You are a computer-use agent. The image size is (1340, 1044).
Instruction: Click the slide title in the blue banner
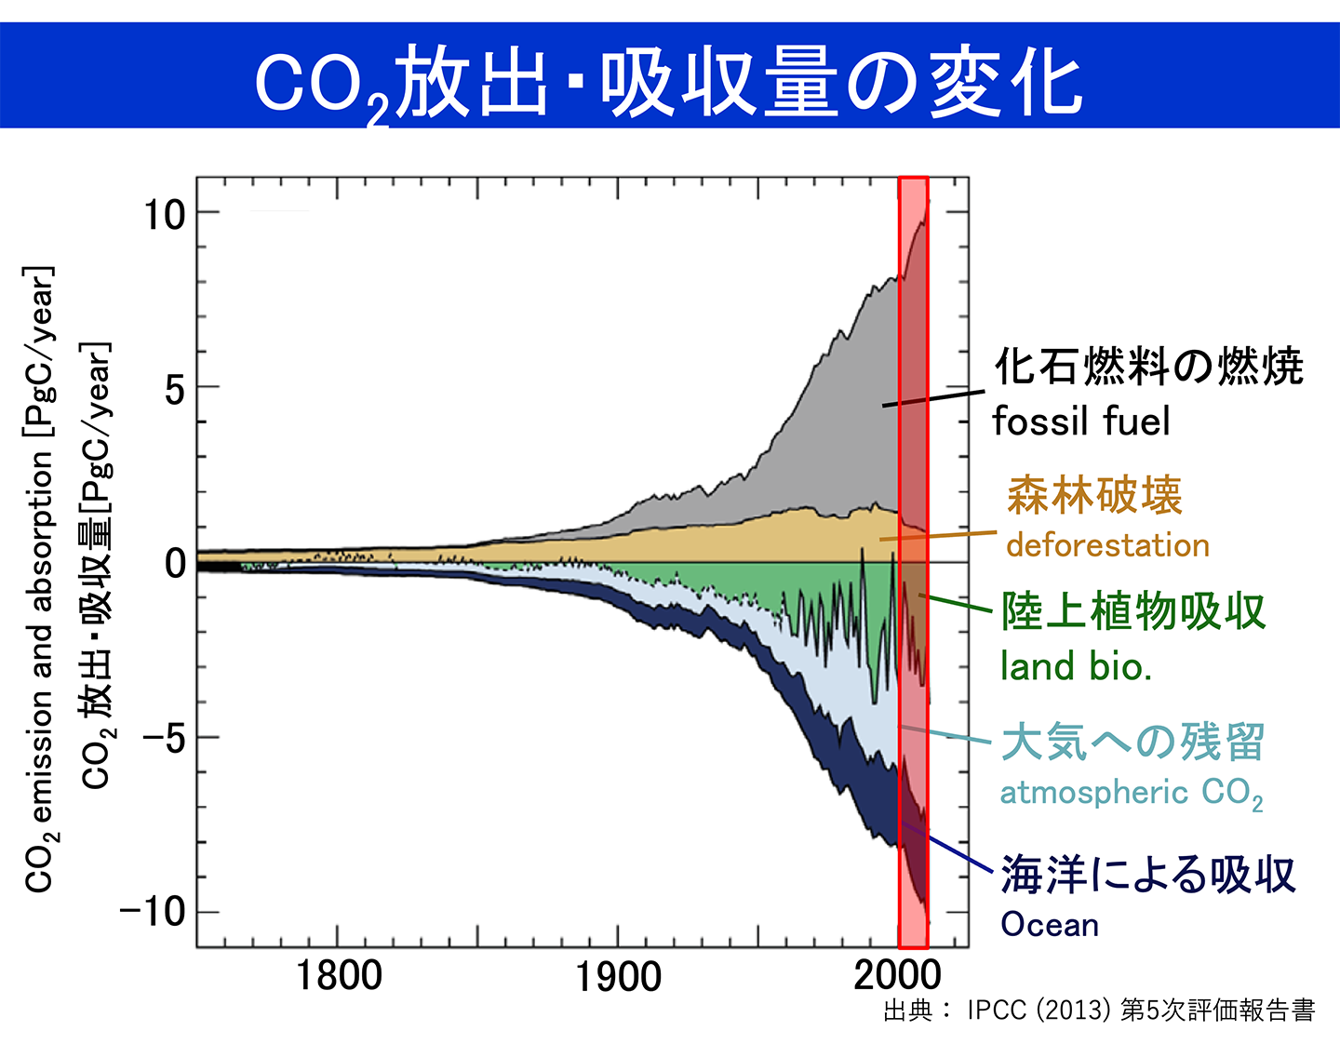coord(668,84)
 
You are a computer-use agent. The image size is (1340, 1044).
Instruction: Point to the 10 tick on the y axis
coord(165,215)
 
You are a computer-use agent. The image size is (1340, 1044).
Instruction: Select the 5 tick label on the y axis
coord(175,389)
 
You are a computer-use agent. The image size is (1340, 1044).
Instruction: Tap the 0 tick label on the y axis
coord(175,563)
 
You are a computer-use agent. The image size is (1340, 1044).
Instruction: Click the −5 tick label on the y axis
coord(164,738)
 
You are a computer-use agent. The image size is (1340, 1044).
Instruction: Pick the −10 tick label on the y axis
coord(153,912)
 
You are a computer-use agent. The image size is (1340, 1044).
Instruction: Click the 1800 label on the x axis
coord(339,976)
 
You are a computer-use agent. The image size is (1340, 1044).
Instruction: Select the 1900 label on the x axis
coord(618,976)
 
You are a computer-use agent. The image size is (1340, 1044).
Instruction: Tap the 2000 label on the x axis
coord(897,976)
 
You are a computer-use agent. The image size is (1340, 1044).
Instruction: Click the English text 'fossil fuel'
coord(1080,422)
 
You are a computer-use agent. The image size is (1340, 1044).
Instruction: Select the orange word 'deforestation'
coord(1107,545)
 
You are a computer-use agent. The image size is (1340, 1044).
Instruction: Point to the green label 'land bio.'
coord(1076,666)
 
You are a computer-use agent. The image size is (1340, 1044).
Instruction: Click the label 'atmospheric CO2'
coord(1131,793)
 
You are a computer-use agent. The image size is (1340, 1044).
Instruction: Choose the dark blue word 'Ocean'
coord(1050,925)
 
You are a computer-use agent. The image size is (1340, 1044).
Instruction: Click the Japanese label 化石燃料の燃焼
coord(1148,367)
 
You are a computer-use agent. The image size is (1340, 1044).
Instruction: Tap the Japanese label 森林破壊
coord(1094,495)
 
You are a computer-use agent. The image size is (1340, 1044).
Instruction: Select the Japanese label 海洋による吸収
coord(1148,875)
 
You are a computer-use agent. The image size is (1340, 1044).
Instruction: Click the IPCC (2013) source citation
coord(1098,1011)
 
